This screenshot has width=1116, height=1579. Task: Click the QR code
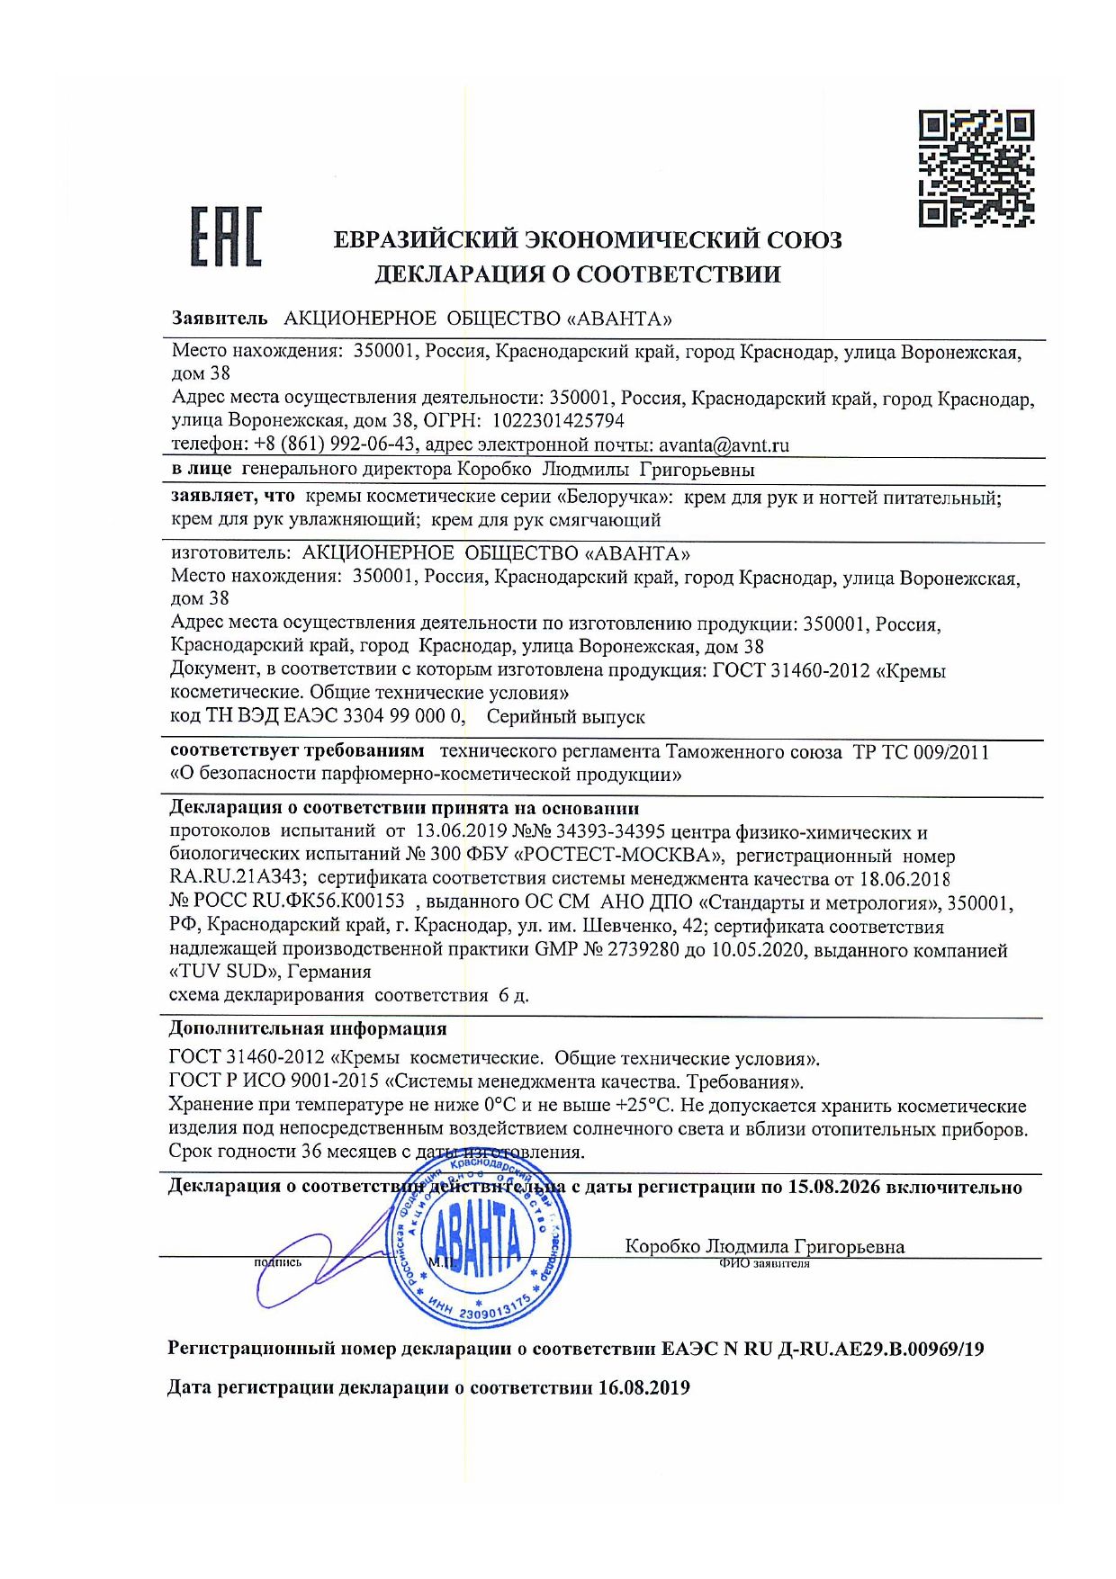point(976,168)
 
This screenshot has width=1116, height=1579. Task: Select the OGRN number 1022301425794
point(557,421)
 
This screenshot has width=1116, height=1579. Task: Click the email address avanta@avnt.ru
point(724,444)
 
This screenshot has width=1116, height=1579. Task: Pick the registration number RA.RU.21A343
point(238,879)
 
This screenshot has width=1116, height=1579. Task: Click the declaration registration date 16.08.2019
point(643,1388)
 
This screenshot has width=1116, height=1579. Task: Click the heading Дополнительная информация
point(308,1029)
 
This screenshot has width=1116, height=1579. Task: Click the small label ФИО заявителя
point(764,1264)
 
